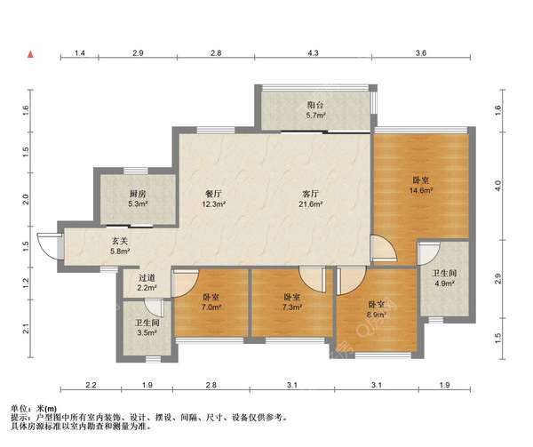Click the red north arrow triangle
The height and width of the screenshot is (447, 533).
(x=30, y=54)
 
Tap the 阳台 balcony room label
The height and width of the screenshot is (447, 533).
(x=315, y=105)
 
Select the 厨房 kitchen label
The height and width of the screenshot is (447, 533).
(x=138, y=194)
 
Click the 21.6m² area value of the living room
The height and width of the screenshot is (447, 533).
(x=311, y=204)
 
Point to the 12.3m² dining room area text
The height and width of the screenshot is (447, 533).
(x=213, y=204)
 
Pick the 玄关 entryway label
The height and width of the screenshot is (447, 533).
(x=120, y=241)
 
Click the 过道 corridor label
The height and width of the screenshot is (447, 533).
(x=147, y=278)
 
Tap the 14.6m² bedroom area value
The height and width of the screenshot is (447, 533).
(x=421, y=190)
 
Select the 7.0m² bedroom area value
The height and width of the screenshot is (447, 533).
(x=211, y=307)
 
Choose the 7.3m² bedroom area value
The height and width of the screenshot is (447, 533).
(x=292, y=307)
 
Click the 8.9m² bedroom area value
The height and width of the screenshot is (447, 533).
(x=378, y=315)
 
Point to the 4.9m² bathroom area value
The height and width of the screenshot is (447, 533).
(x=444, y=283)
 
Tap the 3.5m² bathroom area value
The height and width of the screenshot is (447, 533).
(x=147, y=332)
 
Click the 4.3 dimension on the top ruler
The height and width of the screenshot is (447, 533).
(x=313, y=53)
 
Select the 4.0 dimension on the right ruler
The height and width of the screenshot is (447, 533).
(x=498, y=186)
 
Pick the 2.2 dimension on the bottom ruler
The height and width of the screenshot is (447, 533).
(x=91, y=385)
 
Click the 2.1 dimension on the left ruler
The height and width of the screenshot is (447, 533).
(x=26, y=329)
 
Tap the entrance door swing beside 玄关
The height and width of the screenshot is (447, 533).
(x=48, y=246)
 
